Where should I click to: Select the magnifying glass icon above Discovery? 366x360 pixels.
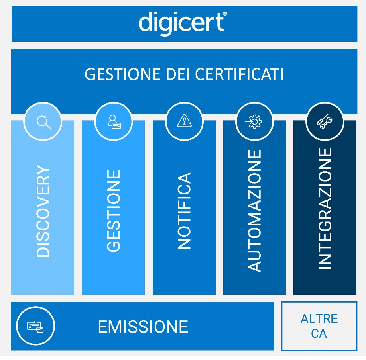[x=43, y=121]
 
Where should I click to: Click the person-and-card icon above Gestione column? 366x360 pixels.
[x=114, y=121]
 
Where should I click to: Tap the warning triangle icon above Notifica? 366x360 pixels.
[x=184, y=121]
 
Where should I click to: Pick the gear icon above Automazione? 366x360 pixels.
[x=254, y=121]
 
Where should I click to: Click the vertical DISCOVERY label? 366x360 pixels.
[x=43, y=211]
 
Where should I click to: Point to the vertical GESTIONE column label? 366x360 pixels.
[x=114, y=211]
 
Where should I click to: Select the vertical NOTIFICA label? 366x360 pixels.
[x=184, y=211]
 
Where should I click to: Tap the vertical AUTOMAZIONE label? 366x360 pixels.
[x=254, y=211]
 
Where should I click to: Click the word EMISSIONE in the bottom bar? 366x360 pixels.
[x=143, y=327]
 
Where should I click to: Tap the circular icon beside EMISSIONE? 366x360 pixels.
[x=35, y=326]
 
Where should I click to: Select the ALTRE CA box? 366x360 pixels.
[x=319, y=326]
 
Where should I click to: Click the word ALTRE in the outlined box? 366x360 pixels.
[x=319, y=319]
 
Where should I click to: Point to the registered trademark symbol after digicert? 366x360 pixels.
[x=225, y=14]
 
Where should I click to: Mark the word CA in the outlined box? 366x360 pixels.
[x=319, y=334]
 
